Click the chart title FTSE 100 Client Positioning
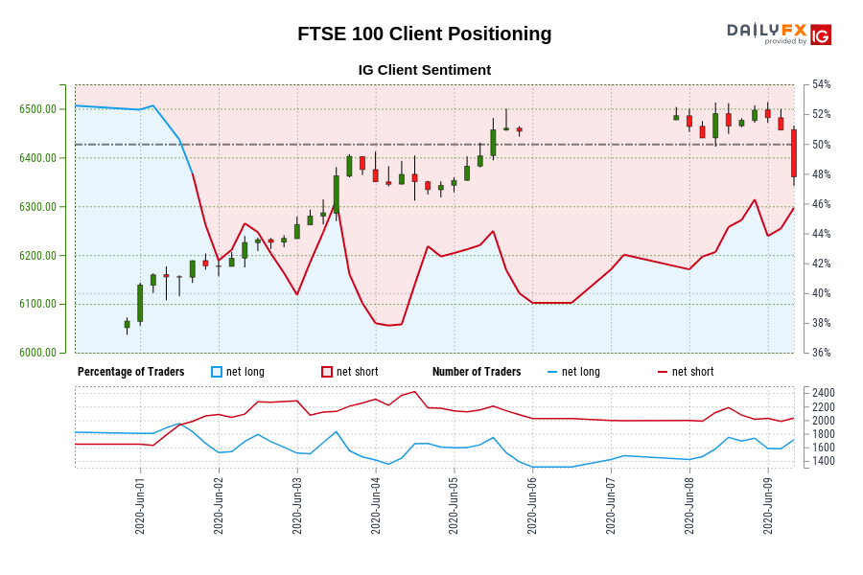424,34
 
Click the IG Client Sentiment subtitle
424,70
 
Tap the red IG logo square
821,35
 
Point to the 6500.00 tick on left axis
37,109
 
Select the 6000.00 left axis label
37,353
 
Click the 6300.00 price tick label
37,207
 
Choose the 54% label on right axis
822,84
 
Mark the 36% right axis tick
822,353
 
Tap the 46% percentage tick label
822,204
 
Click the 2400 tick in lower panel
824,393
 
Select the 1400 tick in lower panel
824,461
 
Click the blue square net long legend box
217,372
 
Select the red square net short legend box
327,372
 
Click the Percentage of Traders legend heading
131,372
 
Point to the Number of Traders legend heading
477,372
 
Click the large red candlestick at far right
794,153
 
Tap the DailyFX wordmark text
766,30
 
